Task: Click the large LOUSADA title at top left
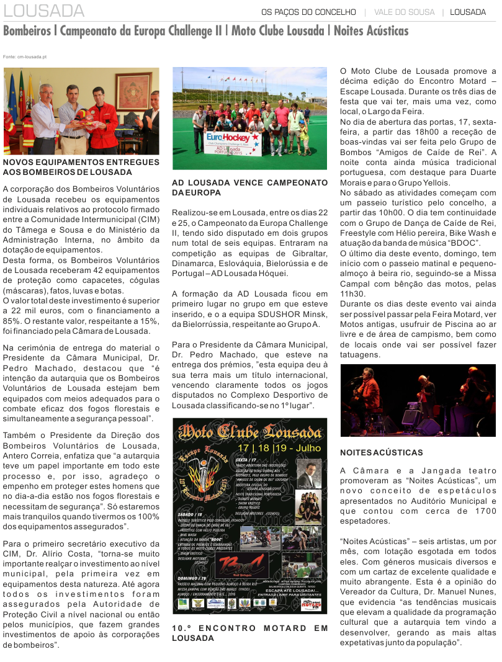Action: click(44, 11)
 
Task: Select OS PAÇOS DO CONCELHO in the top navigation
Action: click(309, 12)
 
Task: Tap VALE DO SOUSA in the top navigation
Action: click(403, 12)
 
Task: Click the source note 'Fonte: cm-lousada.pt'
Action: click(25, 56)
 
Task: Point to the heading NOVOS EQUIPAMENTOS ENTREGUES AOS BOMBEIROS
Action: click(81, 167)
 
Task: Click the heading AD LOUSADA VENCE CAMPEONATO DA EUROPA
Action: click(249, 188)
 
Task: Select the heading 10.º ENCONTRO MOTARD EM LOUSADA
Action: click(249, 633)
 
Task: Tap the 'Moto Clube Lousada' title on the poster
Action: click(249, 430)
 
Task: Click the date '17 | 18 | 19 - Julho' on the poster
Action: click(280, 447)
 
